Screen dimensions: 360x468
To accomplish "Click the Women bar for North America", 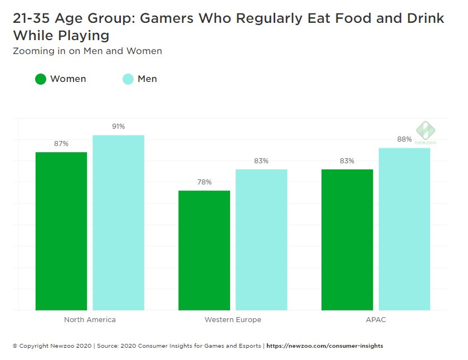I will (x=61, y=231).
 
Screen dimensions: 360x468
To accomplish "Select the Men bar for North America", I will (x=118, y=222).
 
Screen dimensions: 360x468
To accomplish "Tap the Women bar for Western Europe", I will (x=204, y=250).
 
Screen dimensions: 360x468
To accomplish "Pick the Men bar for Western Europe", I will (x=261, y=240).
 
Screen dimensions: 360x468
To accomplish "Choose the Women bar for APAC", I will (x=347, y=240).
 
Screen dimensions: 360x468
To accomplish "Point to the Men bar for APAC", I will (x=404, y=228).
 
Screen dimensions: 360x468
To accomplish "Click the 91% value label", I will (x=118, y=127).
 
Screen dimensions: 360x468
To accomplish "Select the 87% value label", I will (x=61, y=144).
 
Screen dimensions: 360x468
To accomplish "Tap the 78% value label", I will (x=204, y=182).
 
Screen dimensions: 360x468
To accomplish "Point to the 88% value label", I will (x=404, y=139).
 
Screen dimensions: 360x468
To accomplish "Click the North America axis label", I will (x=90, y=320).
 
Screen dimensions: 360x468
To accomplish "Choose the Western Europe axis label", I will (x=233, y=320).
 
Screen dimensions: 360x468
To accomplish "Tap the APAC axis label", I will (x=376, y=320).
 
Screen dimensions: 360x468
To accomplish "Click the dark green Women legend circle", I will (x=41, y=79).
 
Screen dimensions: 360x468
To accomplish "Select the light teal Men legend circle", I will (x=128, y=79).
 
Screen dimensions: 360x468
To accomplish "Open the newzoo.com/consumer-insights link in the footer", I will (x=325, y=346).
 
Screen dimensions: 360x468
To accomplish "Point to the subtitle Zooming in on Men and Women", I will (x=87, y=51).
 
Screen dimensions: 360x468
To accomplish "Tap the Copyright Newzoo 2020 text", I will (x=53, y=346).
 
